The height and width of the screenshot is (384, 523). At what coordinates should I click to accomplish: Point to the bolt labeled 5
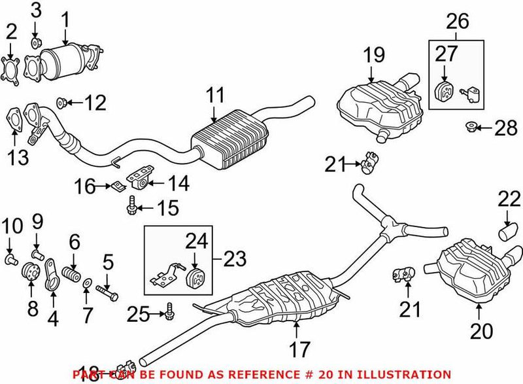click(x=107, y=288)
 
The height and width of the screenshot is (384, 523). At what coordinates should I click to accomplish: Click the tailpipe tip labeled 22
click(x=507, y=232)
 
